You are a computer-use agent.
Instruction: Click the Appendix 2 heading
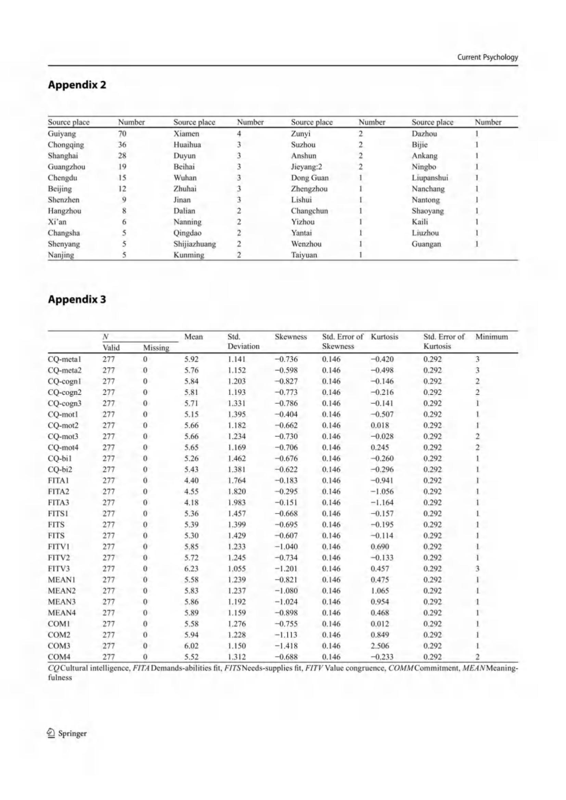pos(77,85)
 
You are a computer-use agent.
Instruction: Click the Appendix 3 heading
pos(77,299)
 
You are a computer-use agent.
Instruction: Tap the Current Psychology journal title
pos(487,57)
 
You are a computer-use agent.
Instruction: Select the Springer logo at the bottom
pos(67,733)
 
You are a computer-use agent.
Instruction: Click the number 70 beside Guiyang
pos(122,133)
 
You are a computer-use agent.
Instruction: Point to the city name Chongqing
pos(66,145)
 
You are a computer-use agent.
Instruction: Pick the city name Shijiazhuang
pos(194,244)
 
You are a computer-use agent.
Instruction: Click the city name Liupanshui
pos(430,178)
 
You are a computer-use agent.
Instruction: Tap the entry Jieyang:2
pos(307,167)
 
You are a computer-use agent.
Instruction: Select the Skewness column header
pos(291,337)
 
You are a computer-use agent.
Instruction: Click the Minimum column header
pos(491,337)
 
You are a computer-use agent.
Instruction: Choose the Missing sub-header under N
pos(156,348)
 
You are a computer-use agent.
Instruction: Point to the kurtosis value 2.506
pos(380,646)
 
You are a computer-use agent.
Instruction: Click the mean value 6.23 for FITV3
pos(191,569)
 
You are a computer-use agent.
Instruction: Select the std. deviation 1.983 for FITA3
pos(237,502)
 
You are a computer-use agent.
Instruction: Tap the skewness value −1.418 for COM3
pos(286,646)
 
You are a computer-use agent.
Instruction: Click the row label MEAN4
pos(62,613)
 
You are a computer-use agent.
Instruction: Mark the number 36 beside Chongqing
pos(122,145)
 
